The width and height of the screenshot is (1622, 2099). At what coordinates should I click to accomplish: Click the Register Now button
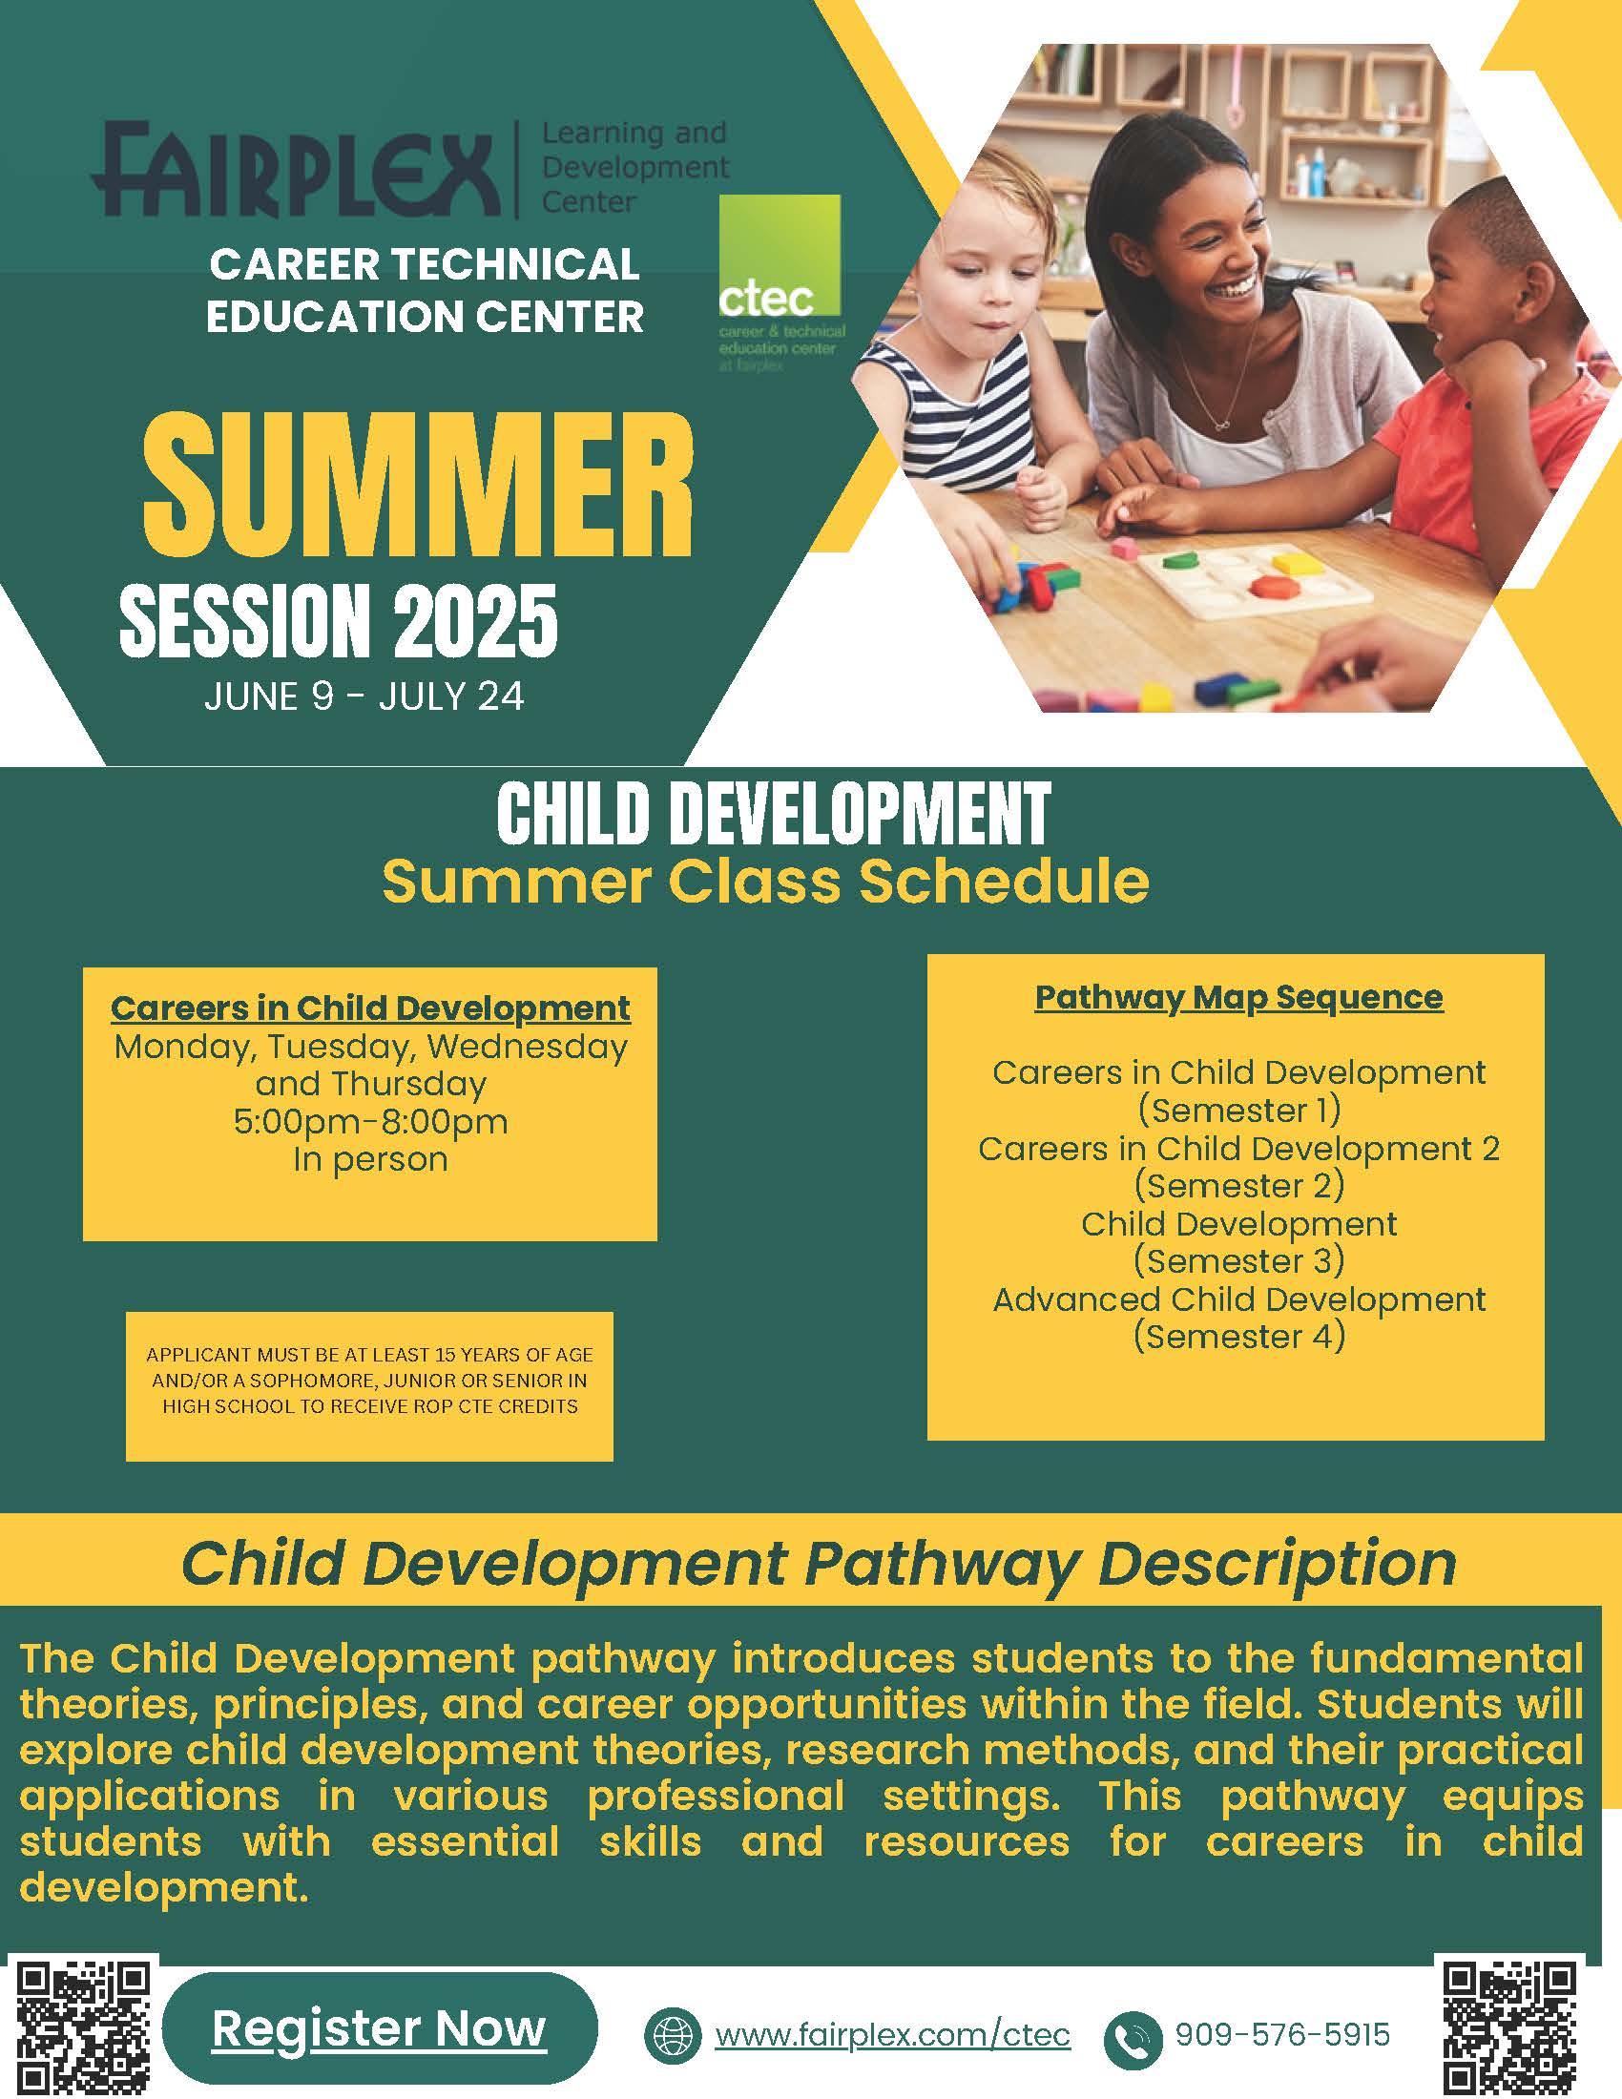point(380,2027)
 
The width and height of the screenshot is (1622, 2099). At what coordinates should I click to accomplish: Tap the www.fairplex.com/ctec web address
point(892,2035)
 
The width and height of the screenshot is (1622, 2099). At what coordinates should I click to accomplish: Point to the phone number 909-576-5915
point(1281,2034)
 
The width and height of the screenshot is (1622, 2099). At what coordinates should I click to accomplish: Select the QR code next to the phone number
point(1510,2026)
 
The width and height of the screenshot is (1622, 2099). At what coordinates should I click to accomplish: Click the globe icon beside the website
point(673,2035)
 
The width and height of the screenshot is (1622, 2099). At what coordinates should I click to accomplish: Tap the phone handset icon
point(1133,2039)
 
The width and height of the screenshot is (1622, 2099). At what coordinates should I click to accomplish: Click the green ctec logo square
point(780,255)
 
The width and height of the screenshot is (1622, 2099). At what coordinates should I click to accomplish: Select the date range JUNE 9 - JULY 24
point(364,696)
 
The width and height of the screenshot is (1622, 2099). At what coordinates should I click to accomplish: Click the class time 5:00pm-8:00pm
point(370,1122)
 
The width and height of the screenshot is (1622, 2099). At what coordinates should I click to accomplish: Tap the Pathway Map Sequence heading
point(1238,997)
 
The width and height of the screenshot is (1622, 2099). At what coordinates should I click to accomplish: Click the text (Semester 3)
point(1238,1260)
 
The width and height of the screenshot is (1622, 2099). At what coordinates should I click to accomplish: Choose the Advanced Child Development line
point(1238,1299)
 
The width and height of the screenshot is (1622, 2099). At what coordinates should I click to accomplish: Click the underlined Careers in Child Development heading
point(370,1008)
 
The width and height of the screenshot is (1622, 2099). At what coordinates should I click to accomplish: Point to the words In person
point(370,1159)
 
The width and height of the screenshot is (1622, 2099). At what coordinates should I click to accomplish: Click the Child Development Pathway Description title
point(818,1564)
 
